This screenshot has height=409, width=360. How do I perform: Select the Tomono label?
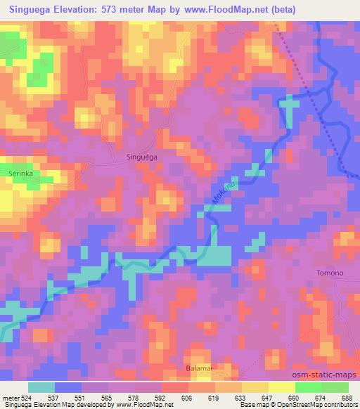pyautogui.click(x=330, y=273)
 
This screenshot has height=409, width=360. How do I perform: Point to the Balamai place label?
pyautogui.click(x=198, y=368)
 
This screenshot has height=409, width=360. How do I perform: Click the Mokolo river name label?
pyautogui.click(x=222, y=193)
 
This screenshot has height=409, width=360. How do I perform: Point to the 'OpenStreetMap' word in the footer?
pyautogui.click(x=309, y=405)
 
